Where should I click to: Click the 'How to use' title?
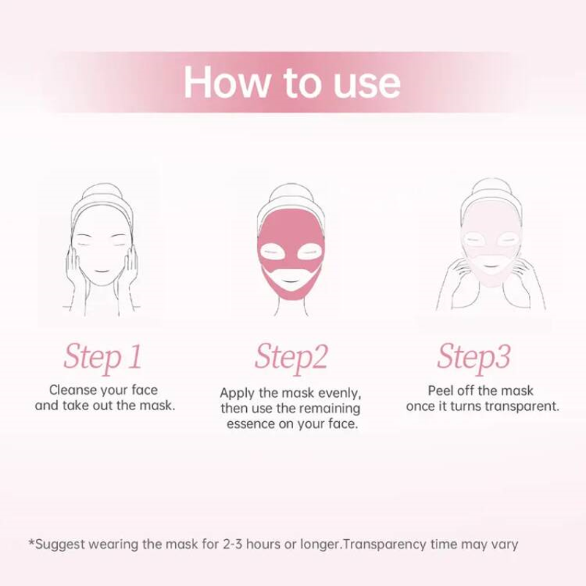292,82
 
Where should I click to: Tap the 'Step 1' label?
103,357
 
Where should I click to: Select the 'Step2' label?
291,357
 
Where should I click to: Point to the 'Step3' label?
474,357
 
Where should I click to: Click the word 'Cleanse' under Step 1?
73,390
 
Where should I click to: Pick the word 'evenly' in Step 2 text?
339,393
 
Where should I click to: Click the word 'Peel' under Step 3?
440,390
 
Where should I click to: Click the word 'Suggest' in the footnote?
60,544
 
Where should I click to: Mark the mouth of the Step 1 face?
101,270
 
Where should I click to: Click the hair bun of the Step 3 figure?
491,187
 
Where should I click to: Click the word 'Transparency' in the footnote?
384,544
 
